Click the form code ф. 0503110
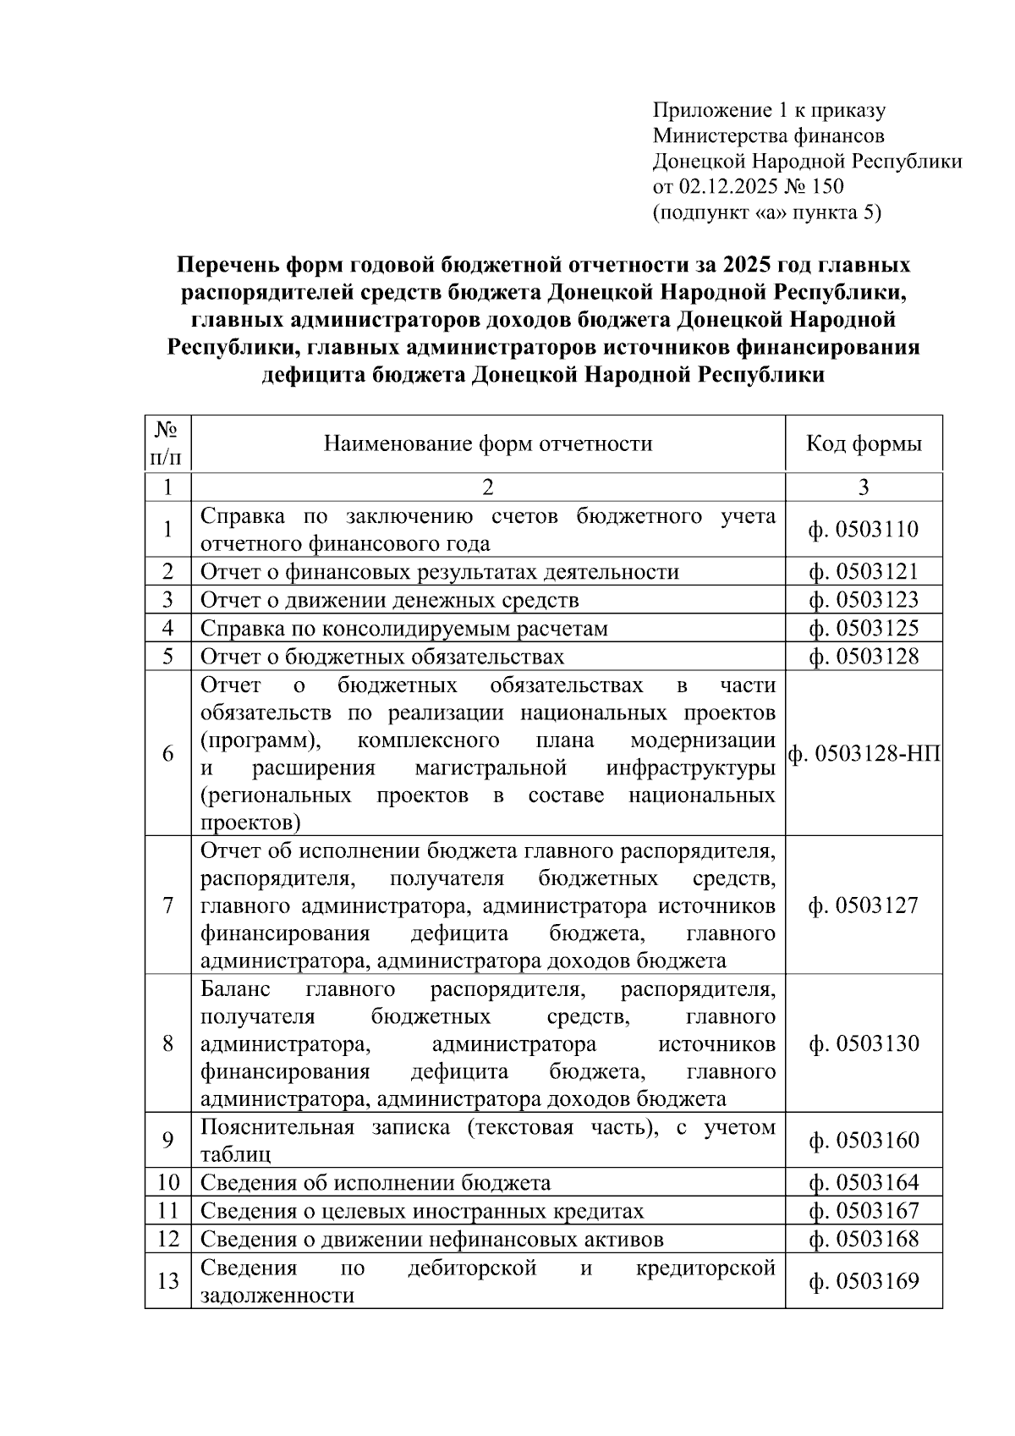pyautogui.click(x=863, y=530)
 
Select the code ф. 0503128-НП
pyautogui.click(x=864, y=753)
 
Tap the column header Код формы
pyautogui.click(x=863, y=443)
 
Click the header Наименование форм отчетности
pyautogui.click(x=488, y=443)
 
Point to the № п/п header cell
pyautogui.click(x=167, y=443)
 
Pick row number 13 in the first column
pyautogui.click(x=167, y=1281)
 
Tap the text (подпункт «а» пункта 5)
pyautogui.click(x=766, y=212)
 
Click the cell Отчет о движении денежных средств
pyautogui.click(x=389, y=600)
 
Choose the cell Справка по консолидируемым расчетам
pyautogui.click(x=403, y=629)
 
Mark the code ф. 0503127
pyautogui.click(x=863, y=905)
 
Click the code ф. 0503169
pyautogui.click(x=863, y=1281)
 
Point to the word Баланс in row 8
pyautogui.click(x=235, y=989)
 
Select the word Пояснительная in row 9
pyautogui.click(x=277, y=1127)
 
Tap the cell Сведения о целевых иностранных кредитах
pyautogui.click(x=421, y=1211)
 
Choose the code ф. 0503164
pyautogui.click(x=863, y=1182)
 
